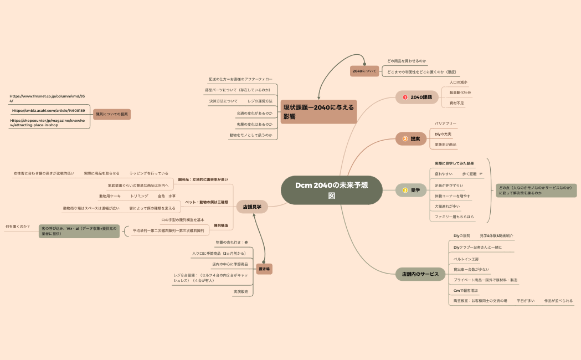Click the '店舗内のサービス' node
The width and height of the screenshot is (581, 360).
(x=419, y=274)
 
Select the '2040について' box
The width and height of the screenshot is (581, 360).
(x=364, y=71)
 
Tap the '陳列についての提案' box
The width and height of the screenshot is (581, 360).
(x=111, y=114)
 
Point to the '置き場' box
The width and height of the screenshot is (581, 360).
(x=264, y=268)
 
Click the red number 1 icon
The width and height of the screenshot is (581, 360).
(x=405, y=97)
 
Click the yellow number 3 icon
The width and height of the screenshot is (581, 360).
(x=405, y=191)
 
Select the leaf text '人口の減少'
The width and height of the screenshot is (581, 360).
(x=458, y=83)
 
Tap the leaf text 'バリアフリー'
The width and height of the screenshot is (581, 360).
(x=445, y=124)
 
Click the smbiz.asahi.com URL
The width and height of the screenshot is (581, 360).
(x=49, y=111)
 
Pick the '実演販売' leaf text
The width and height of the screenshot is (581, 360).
(x=240, y=291)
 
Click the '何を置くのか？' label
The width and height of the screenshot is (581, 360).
(x=18, y=227)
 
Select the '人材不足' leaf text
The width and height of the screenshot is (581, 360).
(x=457, y=103)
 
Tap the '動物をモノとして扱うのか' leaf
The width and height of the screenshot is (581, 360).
(x=250, y=135)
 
